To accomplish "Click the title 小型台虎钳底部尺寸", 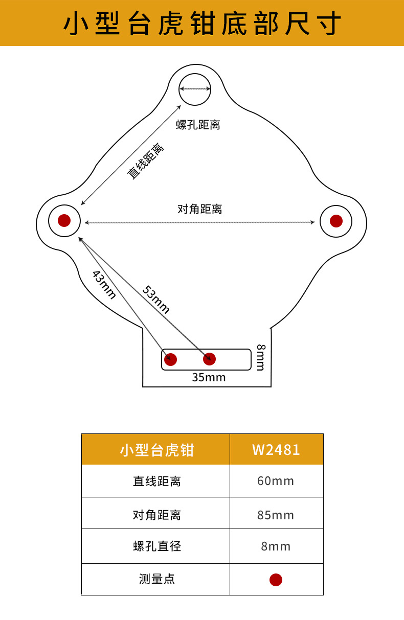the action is point(202,24).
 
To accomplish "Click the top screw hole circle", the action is point(195,89).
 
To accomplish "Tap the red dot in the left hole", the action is point(64,220).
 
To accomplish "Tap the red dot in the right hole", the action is point(336,221).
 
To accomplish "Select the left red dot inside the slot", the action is point(171,359).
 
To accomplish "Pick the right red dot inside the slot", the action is point(209,359).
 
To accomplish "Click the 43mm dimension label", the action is point(104,284).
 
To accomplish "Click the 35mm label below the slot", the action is point(209,378).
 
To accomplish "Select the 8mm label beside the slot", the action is point(261,357).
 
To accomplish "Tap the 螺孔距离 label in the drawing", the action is point(198,125).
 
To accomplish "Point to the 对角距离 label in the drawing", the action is point(199,209).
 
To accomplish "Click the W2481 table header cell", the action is point(276,450).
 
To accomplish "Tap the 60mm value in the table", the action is point(276,481).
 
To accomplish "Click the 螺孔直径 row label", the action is point(156,546).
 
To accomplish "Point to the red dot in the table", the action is point(276,580).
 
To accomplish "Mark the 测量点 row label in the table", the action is point(156,579).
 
